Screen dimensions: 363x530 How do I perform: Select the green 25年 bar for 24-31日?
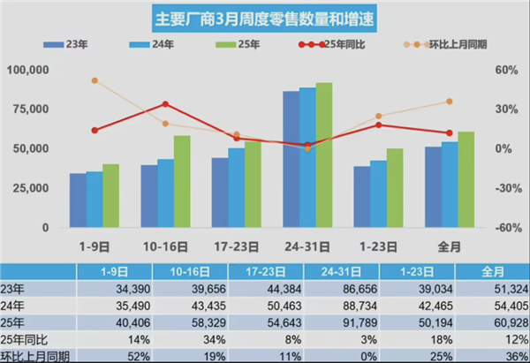[324, 155]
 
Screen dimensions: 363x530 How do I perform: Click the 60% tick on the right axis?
[503, 69]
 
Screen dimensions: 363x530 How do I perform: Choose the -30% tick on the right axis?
[503, 188]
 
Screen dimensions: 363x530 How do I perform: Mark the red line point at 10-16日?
[165, 104]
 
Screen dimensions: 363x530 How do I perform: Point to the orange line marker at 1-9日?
[95, 80]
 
